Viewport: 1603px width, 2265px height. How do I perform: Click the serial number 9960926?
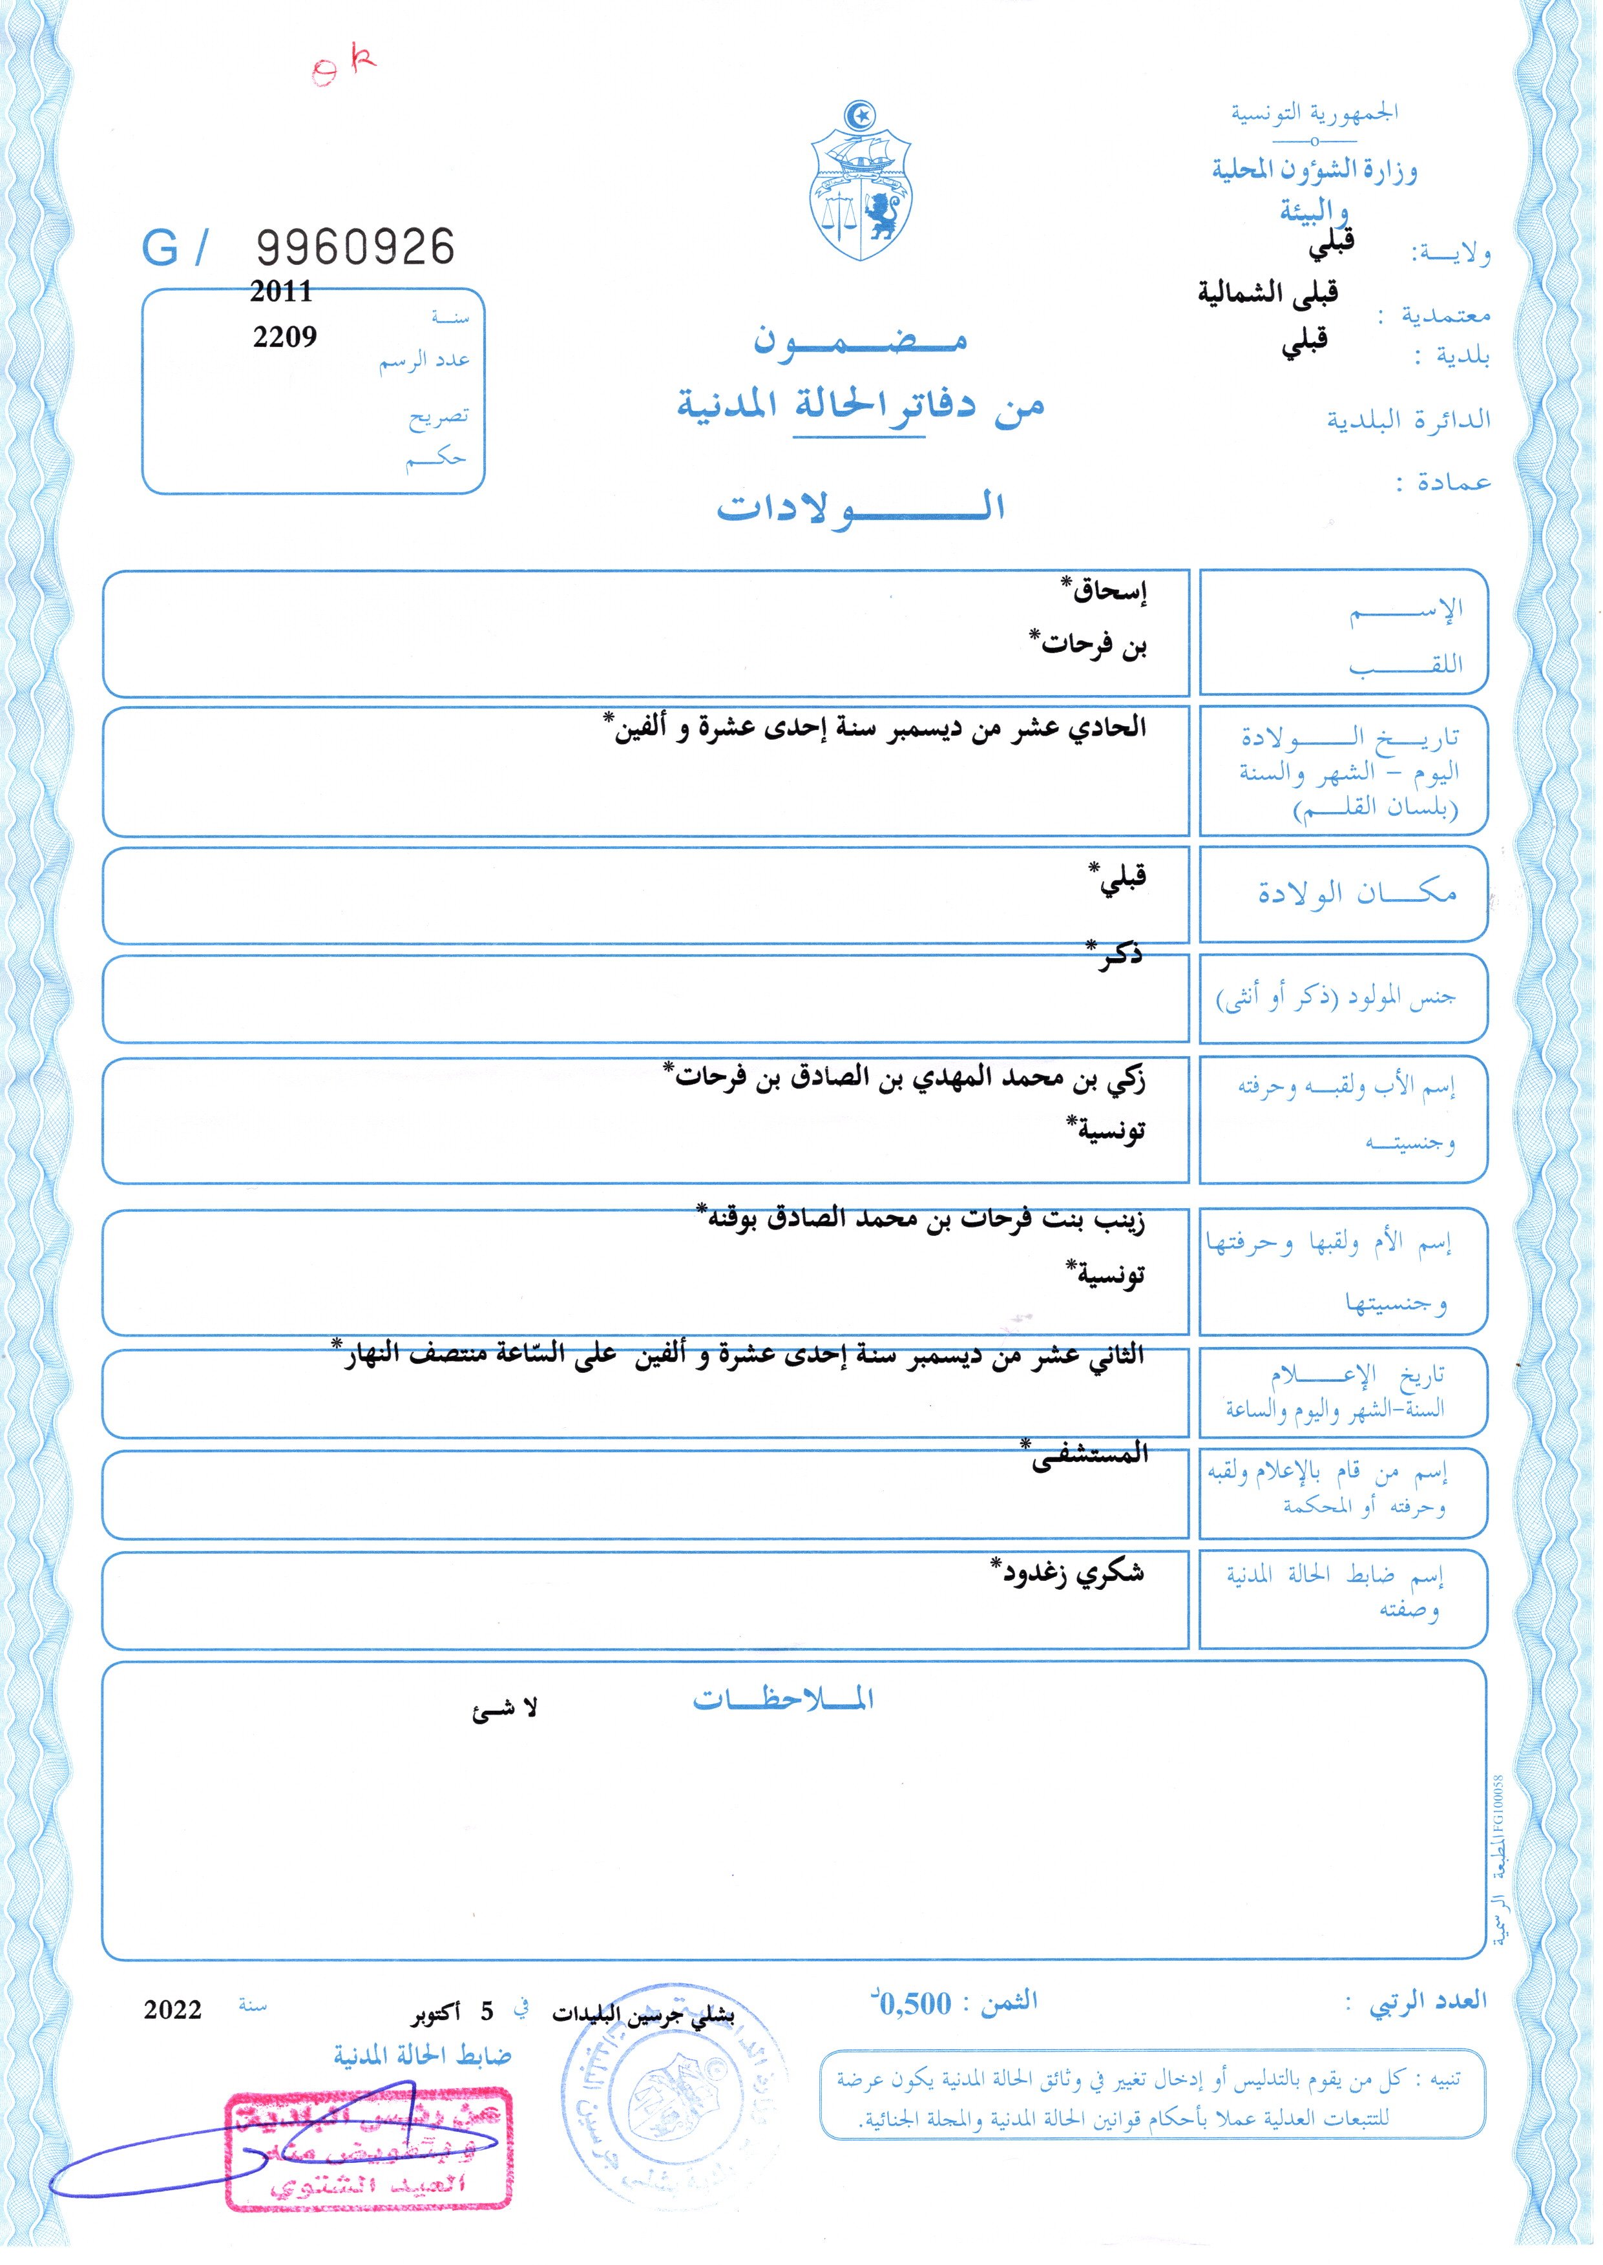[x=355, y=247]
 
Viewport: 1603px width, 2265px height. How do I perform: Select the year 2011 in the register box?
[x=281, y=291]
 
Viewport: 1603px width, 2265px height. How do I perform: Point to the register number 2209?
[x=284, y=337]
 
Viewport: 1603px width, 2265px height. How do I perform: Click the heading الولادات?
[x=860, y=507]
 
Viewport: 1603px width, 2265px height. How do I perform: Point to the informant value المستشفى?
[x=1085, y=1456]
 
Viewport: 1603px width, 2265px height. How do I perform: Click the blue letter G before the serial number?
[x=160, y=247]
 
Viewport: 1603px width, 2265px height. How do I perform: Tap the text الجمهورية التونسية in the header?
[x=1313, y=112]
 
